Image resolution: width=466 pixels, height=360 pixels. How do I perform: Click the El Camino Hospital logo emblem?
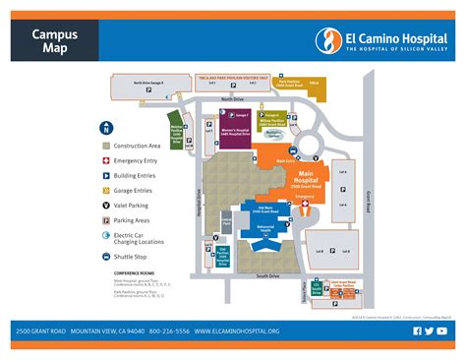pos(327,40)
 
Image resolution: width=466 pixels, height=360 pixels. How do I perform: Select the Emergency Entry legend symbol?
pos(105,160)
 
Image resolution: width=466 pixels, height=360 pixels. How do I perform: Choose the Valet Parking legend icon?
pos(105,205)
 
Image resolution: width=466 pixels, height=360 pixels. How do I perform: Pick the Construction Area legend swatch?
pos(105,146)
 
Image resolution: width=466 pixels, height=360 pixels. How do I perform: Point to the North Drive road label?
pos(232,99)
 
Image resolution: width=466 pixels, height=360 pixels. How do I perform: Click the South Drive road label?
pos(267,276)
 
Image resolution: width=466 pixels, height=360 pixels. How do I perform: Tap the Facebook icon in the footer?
pos(418,331)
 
